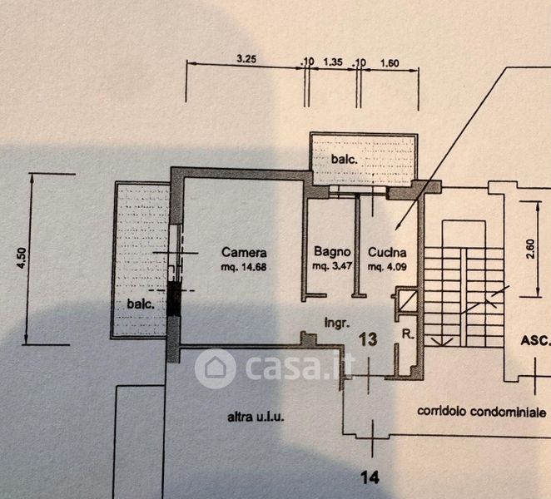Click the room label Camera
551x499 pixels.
pyautogui.click(x=243, y=252)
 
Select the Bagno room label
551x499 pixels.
pyautogui.click(x=330, y=252)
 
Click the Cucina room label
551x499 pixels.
pyautogui.click(x=387, y=252)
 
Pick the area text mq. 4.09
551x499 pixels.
pyautogui.click(x=387, y=266)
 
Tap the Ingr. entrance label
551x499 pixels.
pyautogui.click(x=335, y=321)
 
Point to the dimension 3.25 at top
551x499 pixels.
pyautogui.click(x=246, y=58)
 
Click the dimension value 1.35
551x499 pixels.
pyautogui.click(x=333, y=61)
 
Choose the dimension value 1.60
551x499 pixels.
pyautogui.click(x=390, y=61)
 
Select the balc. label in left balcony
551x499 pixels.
pyautogui.click(x=140, y=304)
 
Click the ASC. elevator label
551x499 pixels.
pyautogui.click(x=534, y=340)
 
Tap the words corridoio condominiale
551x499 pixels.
pyautogui.click(x=482, y=412)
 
